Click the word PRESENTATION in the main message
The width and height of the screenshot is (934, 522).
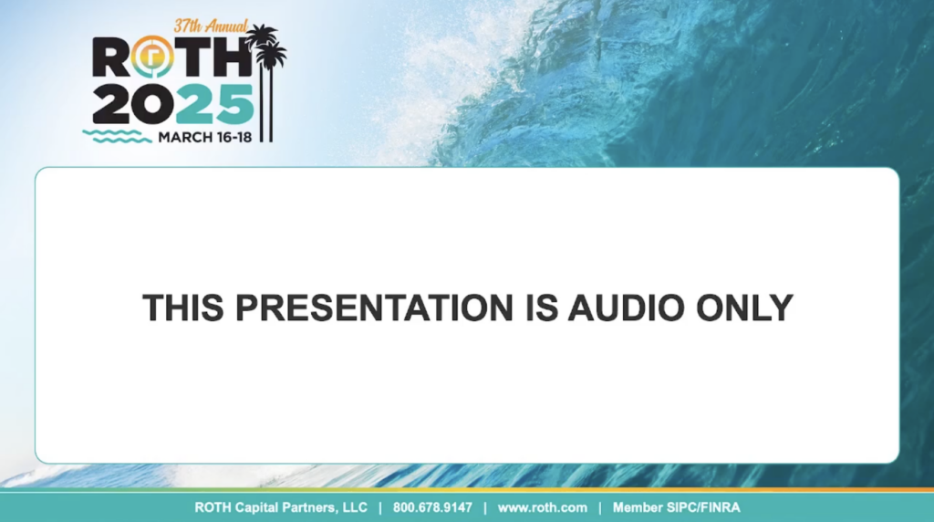pyautogui.click(x=374, y=308)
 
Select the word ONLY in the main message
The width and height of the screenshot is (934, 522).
pyautogui.click(x=744, y=308)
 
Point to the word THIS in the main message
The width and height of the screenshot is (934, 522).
pyautogui.click(x=183, y=308)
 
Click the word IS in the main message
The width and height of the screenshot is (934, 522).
pyautogui.click(x=541, y=308)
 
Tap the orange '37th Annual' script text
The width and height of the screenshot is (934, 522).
pyautogui.click(x=211, y=26)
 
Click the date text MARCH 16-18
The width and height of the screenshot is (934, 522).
pyautogui.click(x=205, y=137)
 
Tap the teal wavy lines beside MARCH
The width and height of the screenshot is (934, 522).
pyautogui.click(x=117, y=137)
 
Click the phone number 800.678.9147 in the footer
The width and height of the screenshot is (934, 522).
pyautogui.click(x=432, y=507)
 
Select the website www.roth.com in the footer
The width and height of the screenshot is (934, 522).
pyautogui.click(x=543, y=507)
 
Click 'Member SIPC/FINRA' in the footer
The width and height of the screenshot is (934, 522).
pyautogui.click(x=677, y=507)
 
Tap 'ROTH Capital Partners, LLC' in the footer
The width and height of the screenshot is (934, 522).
pyautogui.click(x=281, y=507)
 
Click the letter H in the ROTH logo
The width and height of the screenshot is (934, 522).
pyautogui.click(x=231, y=57)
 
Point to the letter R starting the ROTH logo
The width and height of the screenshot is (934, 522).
pyautogui.click(x=110, y=57)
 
